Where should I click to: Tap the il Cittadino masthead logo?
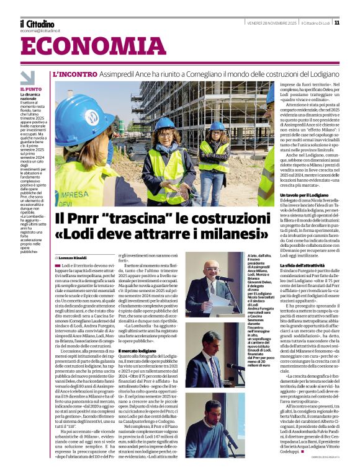[x=37, y=24]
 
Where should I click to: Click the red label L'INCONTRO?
[x=75, y=73]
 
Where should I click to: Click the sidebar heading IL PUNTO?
[x=30, y=90]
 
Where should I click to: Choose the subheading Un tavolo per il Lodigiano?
[x=297, y=195]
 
